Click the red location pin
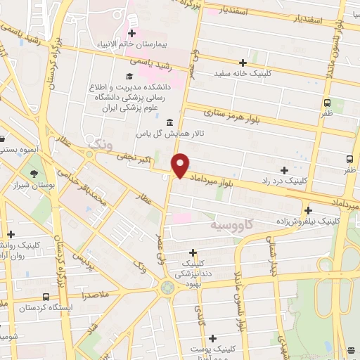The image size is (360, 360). click(181, 164)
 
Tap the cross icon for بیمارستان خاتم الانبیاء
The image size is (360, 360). click(131, 33)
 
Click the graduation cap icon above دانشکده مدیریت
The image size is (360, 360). click(129, 76)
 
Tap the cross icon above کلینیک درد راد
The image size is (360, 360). click(284, 170)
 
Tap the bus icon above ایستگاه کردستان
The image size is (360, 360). click(46, 297)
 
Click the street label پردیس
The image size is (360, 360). click(83, 259)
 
